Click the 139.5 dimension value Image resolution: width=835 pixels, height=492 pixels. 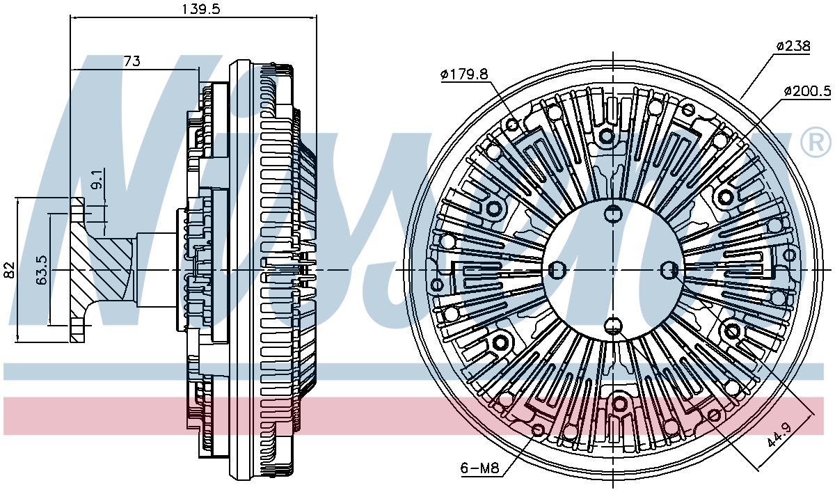click(x=200, y=9)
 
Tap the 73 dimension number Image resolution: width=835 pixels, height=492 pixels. click(x=132, y=61)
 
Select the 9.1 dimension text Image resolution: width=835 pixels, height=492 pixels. click(x=96, y=180)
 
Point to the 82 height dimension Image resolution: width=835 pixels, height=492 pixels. click(x=10, y=270)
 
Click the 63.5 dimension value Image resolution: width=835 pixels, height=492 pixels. click(x=42, y=270)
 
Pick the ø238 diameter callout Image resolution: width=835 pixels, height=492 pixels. click(x=793, y=46)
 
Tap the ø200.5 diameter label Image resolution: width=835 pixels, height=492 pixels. click(x=808, y=90)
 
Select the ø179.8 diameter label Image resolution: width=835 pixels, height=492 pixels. click(x=464, y=74)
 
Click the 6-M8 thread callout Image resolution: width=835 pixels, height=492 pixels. click(x=479, y=468)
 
